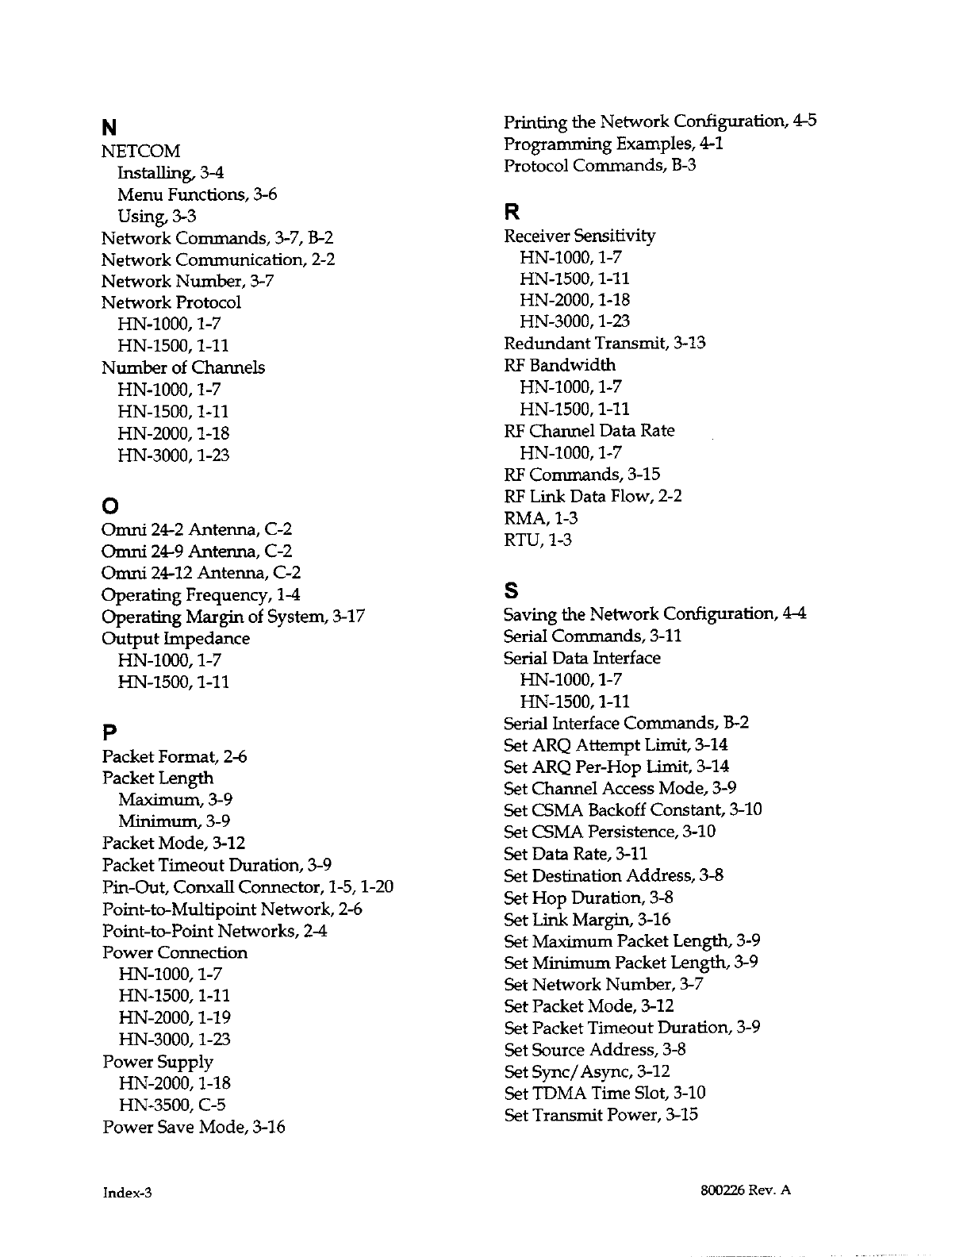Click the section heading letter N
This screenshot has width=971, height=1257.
109,128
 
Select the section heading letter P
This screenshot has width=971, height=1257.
109,729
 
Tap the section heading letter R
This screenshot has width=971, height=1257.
512,213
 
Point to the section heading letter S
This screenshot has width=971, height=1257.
511,591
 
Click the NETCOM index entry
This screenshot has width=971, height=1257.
140,151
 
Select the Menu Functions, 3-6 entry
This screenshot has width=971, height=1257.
197,194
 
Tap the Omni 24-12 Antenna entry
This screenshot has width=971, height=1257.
201,573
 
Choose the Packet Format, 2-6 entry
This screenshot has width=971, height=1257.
174,757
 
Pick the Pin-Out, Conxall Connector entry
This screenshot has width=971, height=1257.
248,886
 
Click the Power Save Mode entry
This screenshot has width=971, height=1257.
194,1127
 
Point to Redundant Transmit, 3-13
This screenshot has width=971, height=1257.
604,343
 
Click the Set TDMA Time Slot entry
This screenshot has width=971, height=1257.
604,1093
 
